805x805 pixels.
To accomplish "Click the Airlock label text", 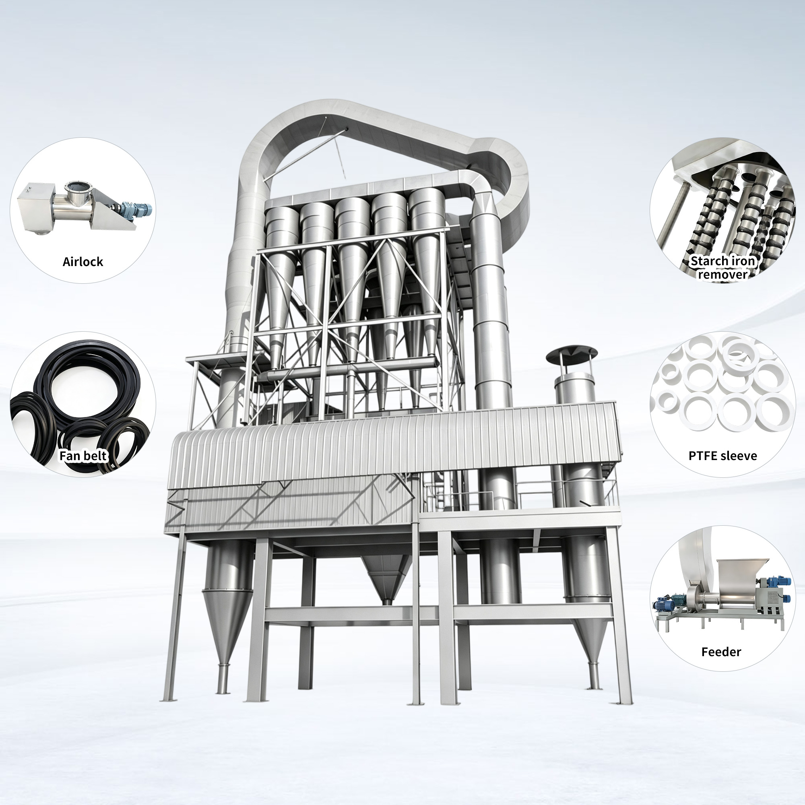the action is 83,262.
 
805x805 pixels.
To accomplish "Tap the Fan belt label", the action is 83,456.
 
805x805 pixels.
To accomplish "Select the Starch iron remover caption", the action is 722,268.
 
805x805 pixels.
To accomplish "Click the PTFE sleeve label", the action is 722,456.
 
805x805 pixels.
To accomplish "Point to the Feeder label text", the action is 721,652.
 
